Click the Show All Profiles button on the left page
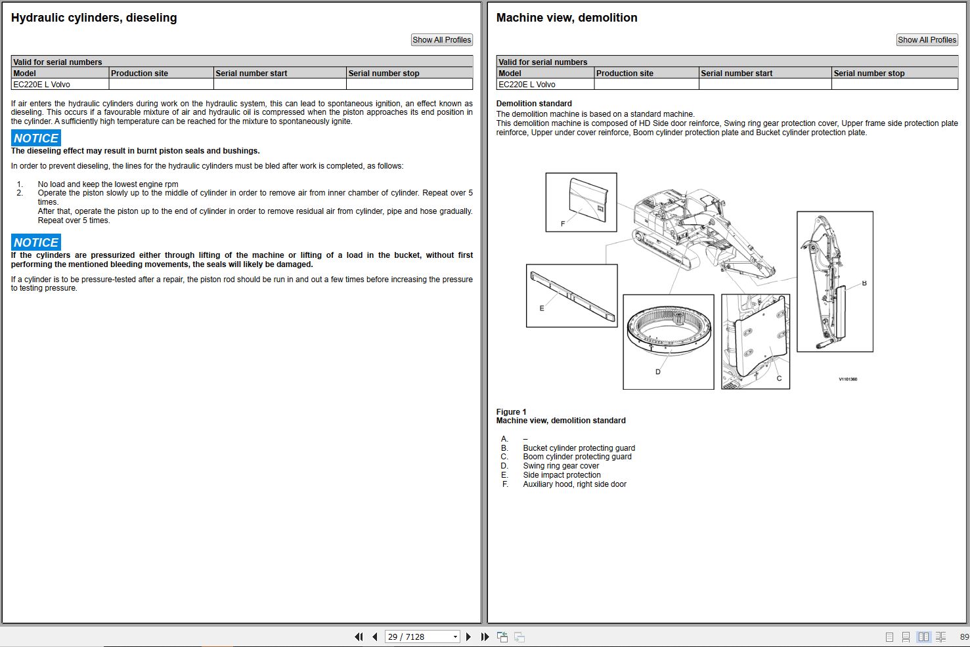[441, 40]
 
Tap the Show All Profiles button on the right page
[927, 40]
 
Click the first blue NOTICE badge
[36, 138]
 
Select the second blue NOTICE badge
[36, 243]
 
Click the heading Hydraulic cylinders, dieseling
[94, 18]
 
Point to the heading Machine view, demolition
[566, 18]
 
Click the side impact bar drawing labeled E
[573, 296]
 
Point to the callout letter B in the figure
[864, 283]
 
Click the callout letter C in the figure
[779, 379]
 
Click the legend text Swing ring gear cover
[561, 466]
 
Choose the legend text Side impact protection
[562, 475]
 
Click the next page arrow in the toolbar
[468, 637]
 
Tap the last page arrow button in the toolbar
[485, 637]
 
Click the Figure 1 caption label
[511, 412]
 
